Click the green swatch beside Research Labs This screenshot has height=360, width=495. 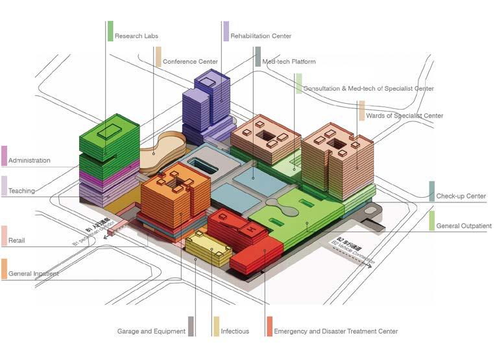click(110, 31)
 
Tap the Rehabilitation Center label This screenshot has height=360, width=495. click(261, 36)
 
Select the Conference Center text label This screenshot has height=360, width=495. click(190, 62)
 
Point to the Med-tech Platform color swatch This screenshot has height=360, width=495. click(258, 56)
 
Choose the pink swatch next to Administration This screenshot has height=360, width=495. click(5, 156)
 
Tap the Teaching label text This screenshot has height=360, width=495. click(21, 191)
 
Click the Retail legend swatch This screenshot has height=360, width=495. click(5, 235)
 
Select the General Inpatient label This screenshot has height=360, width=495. click(34, 274)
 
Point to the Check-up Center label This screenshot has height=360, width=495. click(461, 196)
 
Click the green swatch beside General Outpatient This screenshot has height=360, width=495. click(432, 221)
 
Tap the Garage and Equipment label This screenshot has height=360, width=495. click(151, 331)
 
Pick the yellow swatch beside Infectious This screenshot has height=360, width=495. click(216, 326)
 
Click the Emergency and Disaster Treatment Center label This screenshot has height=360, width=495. click(335, 331)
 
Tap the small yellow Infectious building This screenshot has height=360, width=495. click(208, 248)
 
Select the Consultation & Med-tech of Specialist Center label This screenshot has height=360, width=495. click(368, 88)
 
